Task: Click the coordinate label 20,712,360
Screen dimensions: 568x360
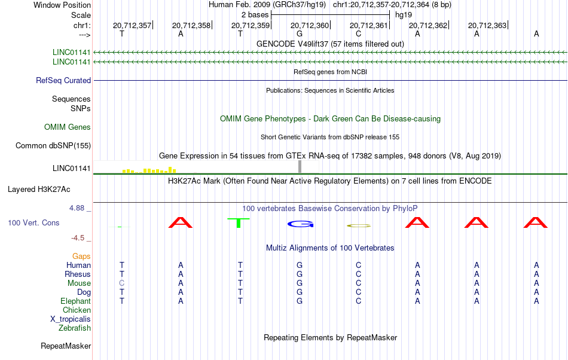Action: (310, 25)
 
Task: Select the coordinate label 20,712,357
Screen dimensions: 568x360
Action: (132, 25)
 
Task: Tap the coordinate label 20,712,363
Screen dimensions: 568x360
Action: (487, 25)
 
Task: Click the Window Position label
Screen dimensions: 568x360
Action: (62, 5)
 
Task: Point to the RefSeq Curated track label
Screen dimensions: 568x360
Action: (63, 80)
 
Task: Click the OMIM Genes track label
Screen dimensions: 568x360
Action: (68, 127)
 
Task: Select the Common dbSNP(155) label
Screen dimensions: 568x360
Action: (53, 145)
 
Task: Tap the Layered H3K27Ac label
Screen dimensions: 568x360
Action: (39, 190)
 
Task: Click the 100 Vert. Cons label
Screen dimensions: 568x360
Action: (33, 222)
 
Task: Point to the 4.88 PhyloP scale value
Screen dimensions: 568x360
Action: (77, 208)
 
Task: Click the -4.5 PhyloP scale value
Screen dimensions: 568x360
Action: (78, 238)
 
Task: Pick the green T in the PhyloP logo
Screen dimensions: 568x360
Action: (239, 223)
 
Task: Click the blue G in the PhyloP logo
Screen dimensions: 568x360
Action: (300, 224)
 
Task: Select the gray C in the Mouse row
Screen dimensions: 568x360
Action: (122, 283)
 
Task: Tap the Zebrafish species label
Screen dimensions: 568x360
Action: (75, 328)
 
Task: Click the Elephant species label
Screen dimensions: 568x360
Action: (76, 301)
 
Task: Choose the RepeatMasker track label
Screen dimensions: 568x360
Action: (66, 346)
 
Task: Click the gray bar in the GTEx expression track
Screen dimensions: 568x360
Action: (300, 167)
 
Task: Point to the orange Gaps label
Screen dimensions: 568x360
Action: (81, 257)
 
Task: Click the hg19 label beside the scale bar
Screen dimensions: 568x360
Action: (404, 15)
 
